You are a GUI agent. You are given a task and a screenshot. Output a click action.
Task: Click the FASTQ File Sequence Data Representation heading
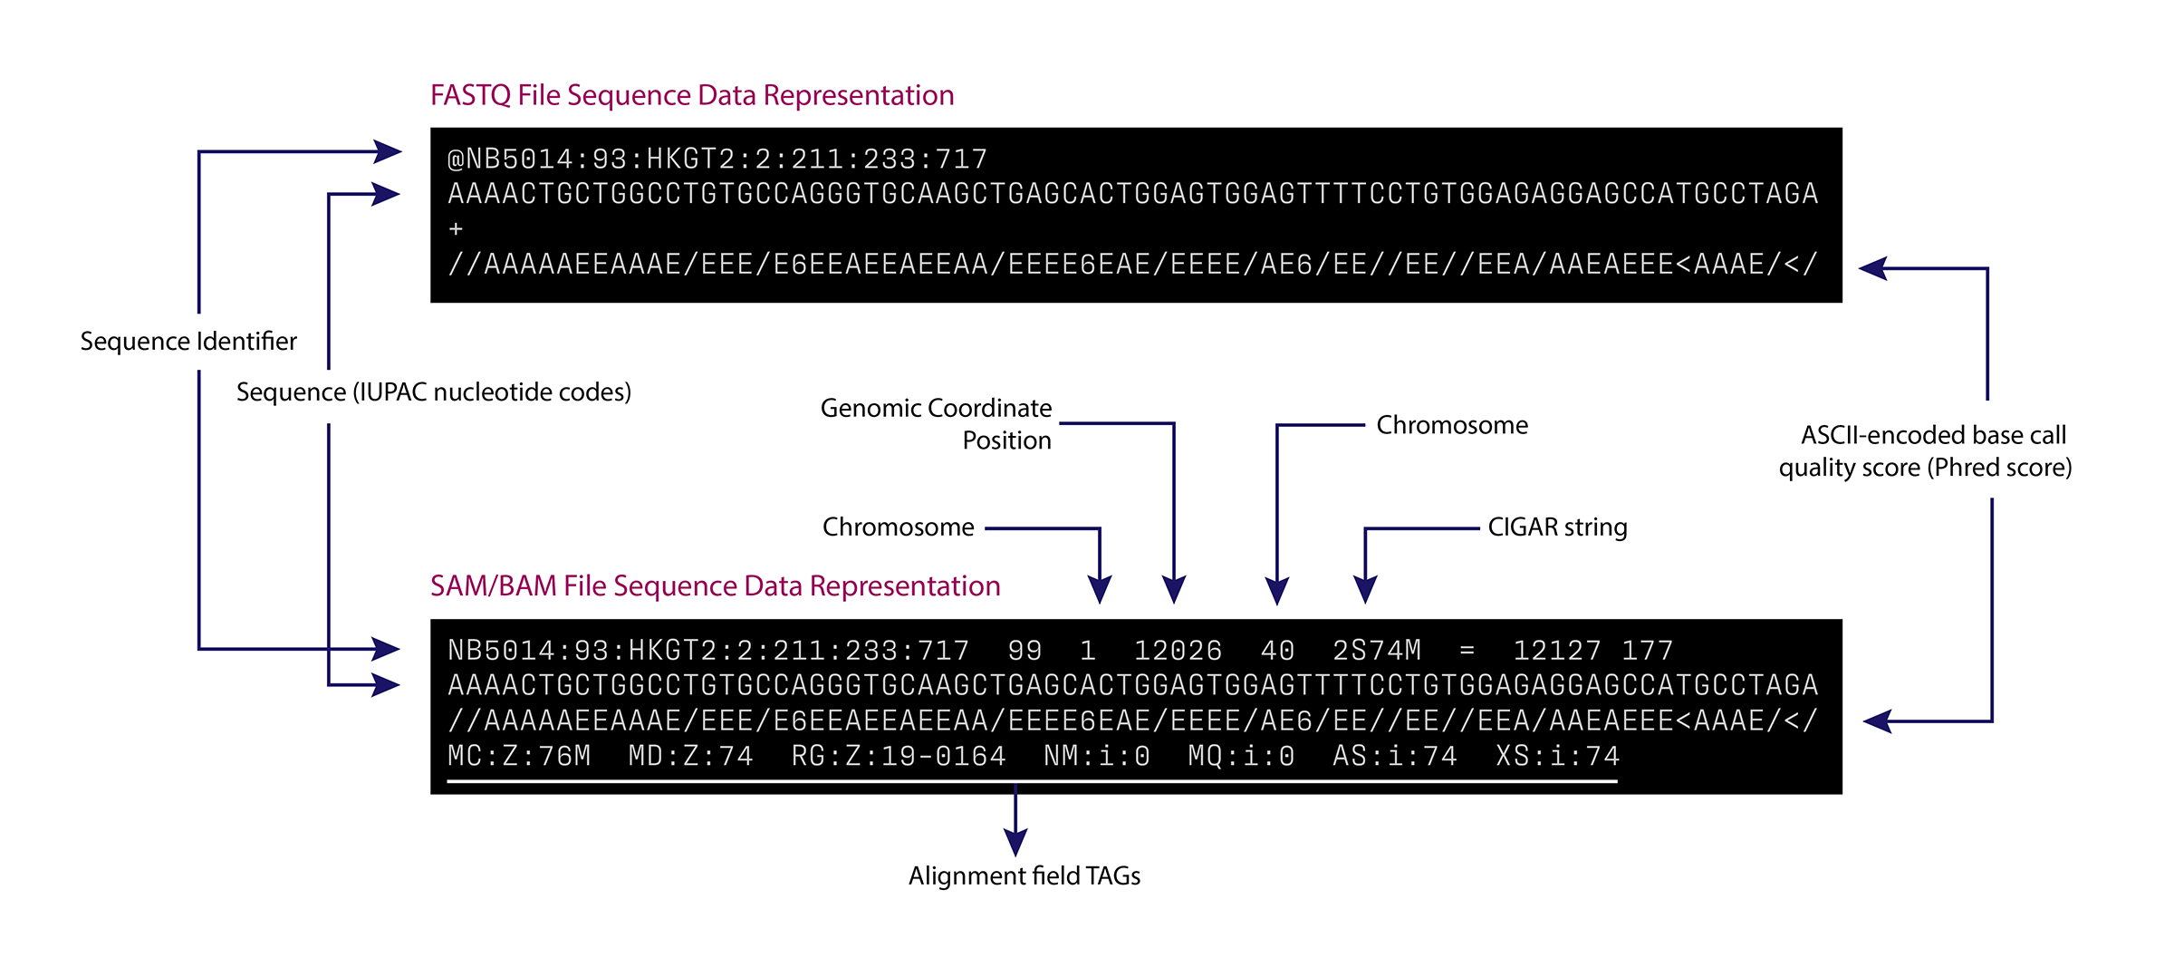tap(692, 95)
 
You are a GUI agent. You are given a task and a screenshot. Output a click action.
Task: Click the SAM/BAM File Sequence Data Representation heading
tap(715, 586)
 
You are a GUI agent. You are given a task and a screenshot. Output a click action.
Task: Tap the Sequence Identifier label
tap(188, 341)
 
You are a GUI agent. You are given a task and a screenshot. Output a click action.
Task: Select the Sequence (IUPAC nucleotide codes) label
tap(434, 392)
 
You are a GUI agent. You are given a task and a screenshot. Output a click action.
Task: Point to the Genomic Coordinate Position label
tap(936, 424)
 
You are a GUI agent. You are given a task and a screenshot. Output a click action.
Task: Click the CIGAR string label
tap(1557, 527)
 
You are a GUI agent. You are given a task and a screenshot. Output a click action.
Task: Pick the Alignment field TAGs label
tap(1024, 875)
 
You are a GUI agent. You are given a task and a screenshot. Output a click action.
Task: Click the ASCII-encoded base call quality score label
tap(1926, 451)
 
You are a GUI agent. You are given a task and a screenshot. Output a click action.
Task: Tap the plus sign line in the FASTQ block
tap(456, 229)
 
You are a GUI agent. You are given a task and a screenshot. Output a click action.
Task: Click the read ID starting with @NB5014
tap(717, 160)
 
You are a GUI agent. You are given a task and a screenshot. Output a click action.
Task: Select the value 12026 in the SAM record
tap(1178, 651)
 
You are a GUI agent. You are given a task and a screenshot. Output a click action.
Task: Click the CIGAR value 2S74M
tap(1377, 651)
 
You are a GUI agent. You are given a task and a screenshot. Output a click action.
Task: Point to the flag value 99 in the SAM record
tap(1024, 651)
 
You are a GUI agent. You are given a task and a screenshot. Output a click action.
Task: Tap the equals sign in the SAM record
tap(1467, 651)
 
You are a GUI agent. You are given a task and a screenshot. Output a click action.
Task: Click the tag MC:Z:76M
tap(519, 756)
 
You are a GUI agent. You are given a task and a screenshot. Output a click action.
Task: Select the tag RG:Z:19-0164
tap(899, 756)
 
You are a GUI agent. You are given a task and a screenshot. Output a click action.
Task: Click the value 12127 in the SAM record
tap(1557, 651)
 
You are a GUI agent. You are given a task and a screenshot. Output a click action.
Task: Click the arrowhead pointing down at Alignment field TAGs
tap(1015, 842)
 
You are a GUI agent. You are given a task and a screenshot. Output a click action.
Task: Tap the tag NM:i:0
tap(1096, 756)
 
